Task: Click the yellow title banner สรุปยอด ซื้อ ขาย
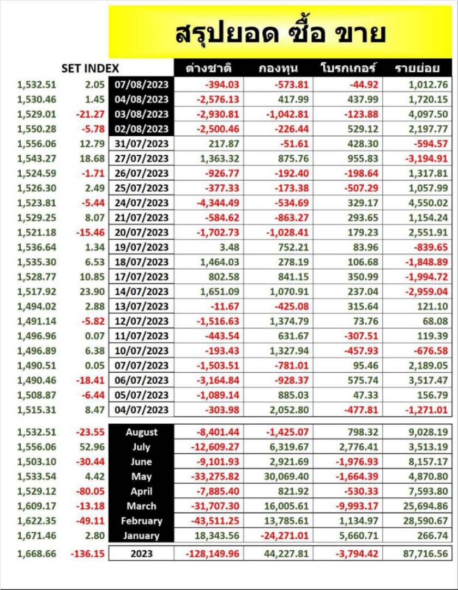(x=281, y=33)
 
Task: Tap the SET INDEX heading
(x=90, y=69)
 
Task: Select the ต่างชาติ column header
(x=209, y=69)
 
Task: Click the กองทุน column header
(x=278, y=69)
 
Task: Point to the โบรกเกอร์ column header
(x=348, y=69)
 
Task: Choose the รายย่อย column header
(x=417, y=69)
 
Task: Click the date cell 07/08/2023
(x=142, y=84)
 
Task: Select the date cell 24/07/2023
(x=142, y=203)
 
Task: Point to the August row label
(x=142, y=433)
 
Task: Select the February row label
(x=142, y=521)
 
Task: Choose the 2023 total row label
(x=142, y=554)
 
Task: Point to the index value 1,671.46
(x=37, y=536)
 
